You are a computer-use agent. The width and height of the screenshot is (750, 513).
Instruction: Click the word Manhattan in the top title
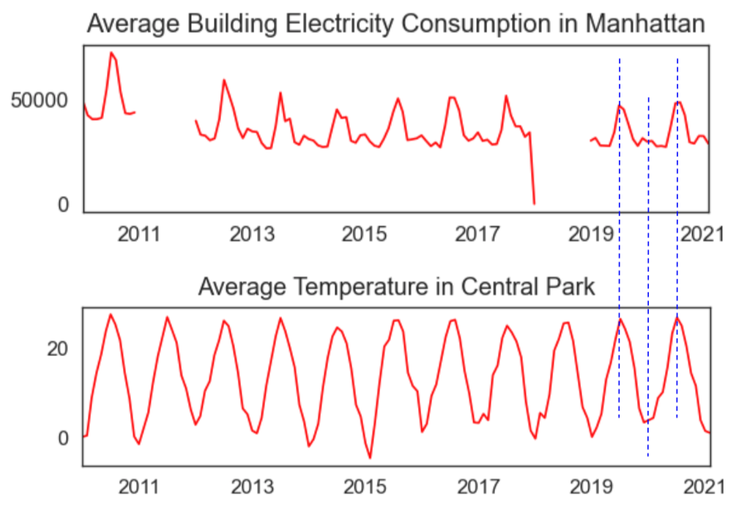click(645, 24)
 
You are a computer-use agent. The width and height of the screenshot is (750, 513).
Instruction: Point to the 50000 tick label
click(40, 100)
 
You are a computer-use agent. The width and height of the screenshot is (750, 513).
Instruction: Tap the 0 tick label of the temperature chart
click(64, 438)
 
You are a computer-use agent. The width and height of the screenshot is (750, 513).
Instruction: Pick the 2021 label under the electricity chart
click(704, 235)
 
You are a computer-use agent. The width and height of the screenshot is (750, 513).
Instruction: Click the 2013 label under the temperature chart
click(251, 487)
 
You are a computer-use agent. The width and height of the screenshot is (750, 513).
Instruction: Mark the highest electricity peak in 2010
click(111, 53)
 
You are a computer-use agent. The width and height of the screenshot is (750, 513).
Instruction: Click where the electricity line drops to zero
click(535, 203)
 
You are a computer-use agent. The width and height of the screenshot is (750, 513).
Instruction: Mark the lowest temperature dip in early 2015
click(370, 458)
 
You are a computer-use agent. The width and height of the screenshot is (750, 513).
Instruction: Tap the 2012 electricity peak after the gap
click(224, 80)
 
